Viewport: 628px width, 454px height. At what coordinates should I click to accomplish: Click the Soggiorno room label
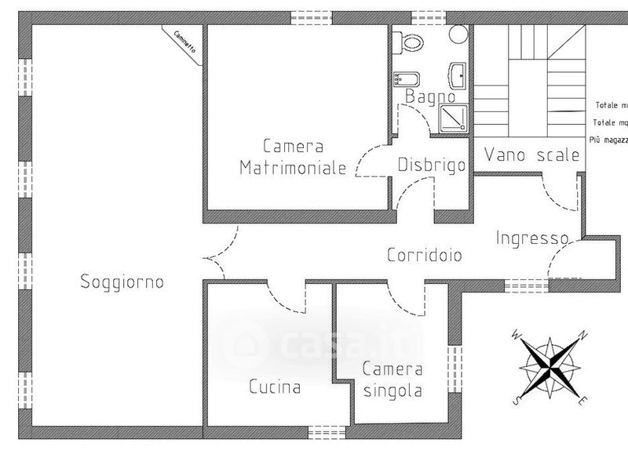(122, 282)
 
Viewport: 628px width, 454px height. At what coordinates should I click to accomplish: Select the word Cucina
(275, 387)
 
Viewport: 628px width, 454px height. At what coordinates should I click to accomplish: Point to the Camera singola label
(392, 380)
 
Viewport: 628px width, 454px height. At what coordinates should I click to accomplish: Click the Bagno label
(430, 96)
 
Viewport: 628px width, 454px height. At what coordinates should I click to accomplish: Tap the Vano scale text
(531, 154)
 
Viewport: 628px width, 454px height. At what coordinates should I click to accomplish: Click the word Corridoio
(424, 255)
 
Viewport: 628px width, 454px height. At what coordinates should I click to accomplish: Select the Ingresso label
(531, 238)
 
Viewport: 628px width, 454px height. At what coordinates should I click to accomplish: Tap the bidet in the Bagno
(407, 79)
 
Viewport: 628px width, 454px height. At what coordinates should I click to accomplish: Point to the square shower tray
(454, 118)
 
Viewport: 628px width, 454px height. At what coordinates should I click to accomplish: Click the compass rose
(549, 366)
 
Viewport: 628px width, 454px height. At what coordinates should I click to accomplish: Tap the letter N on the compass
(582, 336)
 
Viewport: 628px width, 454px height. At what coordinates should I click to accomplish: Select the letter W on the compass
(516, 335)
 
